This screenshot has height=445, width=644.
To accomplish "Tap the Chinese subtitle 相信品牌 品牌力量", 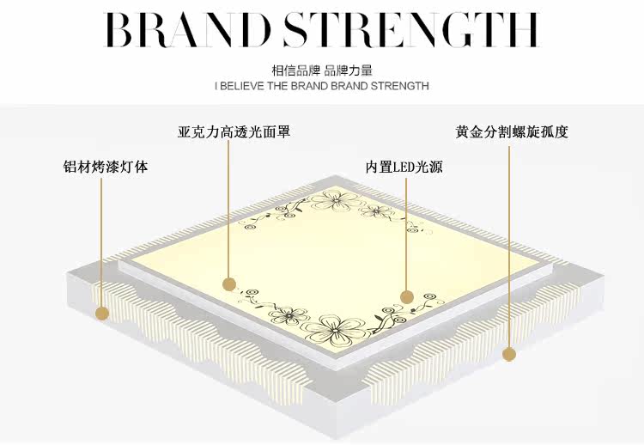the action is [x=321, y=70].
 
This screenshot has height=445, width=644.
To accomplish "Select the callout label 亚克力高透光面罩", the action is [x=234, y=132].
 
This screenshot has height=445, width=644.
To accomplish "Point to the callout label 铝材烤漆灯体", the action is [x=105, y=166].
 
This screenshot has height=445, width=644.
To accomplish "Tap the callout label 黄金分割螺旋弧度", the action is [x=512, y=132].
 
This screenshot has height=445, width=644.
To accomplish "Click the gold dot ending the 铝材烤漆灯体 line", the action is [x=102, y=314].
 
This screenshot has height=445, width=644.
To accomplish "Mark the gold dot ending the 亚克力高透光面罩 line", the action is [x=228, y=283].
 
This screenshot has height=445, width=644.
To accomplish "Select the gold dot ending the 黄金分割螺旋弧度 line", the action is [x=508, y=353].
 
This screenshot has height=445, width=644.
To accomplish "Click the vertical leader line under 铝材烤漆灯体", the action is [x=102, y=241].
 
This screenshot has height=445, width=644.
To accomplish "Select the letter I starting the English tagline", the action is [x=216, y=86].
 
